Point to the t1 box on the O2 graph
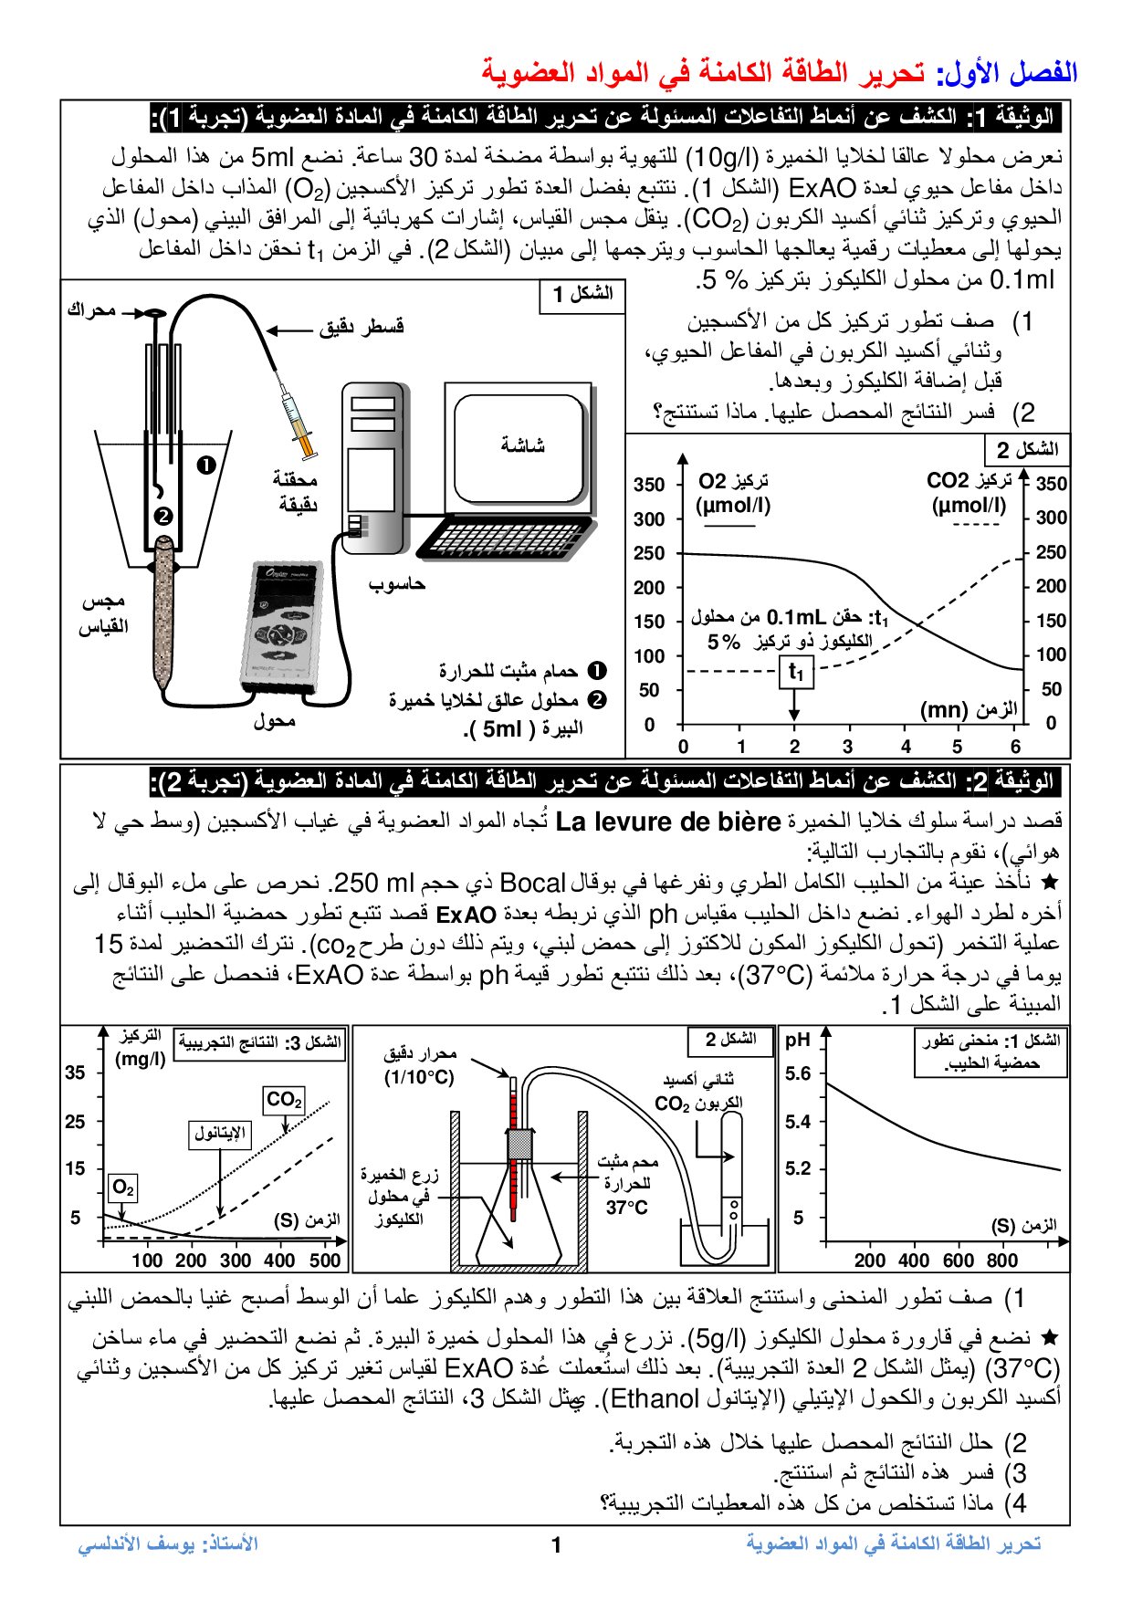(x=796, y=674)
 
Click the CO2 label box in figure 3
(x=284, y=1100)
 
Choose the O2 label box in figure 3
(x=122, y=1188)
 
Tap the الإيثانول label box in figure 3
(x=220, y=1134)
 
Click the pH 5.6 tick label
(x=798, y=1073)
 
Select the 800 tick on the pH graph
(x=1002, y=1261)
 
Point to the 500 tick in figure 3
(x=325, y=1261)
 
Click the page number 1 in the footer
(x=557, y=1545)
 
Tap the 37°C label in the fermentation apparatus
(x=626, y=1208)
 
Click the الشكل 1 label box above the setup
(x=583, y=295)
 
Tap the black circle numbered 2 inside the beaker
(x=162, y=517)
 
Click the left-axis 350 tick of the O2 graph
(x=649, y=485)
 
